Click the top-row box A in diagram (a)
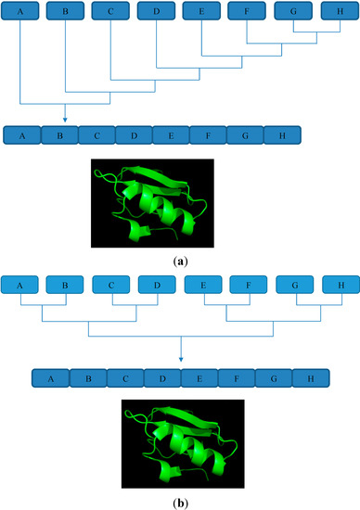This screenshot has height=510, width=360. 20,12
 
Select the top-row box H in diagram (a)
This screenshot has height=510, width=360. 338,12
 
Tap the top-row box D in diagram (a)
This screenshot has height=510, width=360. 156,12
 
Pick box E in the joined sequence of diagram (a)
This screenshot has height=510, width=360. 171,135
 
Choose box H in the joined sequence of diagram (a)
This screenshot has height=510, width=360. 282,135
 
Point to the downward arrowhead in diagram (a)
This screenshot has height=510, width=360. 66,119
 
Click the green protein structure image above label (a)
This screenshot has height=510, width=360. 153,202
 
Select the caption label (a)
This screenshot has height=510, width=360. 180,262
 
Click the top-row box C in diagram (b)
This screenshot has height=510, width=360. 111,287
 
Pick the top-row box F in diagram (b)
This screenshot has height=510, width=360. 248,287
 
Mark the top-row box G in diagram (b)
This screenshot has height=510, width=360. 293,287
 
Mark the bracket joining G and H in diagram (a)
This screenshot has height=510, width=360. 315,32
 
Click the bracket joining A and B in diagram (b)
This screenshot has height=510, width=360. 43,308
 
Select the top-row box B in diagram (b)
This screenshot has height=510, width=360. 66,287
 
